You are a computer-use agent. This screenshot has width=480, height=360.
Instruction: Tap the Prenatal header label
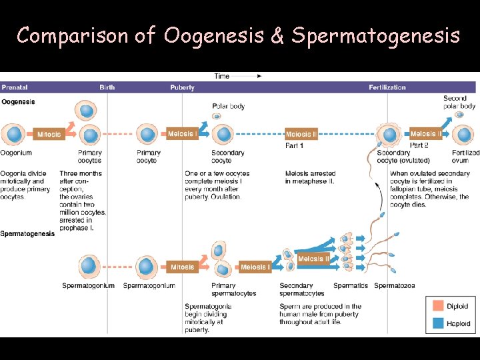point(14,87)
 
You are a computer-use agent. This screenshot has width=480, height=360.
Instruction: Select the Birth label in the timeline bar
point(107,87)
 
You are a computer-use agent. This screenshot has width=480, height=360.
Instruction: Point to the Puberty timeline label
point(182,87)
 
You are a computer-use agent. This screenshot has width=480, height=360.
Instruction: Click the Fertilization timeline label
point(387,87)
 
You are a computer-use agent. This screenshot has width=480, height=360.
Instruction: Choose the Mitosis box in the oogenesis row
point(49,135)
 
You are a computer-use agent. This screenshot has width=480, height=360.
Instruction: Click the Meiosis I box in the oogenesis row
point(182,134)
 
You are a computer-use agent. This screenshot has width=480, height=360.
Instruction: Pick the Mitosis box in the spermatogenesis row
point(182,267)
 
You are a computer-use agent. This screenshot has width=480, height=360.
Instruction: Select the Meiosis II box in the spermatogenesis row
point(313,259)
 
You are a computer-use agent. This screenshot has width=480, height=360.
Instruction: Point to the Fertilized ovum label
point(465,156)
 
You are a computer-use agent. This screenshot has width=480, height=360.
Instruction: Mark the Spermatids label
point(351,286)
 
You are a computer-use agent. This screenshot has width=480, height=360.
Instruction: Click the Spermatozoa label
point(394,286)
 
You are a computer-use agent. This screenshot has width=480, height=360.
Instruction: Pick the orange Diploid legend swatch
point(437,306)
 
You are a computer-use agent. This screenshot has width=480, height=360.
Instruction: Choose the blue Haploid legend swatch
point(437,323)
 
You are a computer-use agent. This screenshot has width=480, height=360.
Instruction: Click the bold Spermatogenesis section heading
point(27,234)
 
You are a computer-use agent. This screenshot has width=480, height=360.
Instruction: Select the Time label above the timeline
point(221,76)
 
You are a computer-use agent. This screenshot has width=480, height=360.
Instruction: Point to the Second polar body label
point(459,102)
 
